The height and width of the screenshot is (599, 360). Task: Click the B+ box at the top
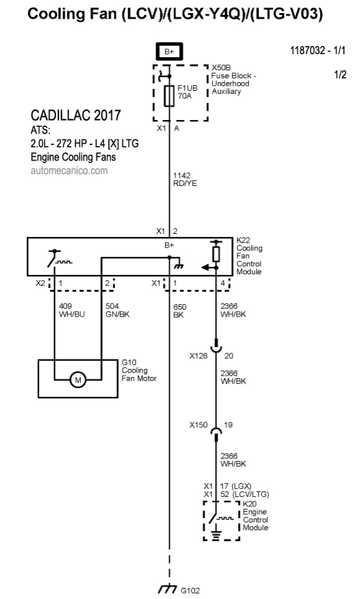(169, 52)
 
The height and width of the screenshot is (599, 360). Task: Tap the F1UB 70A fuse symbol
(169, 96)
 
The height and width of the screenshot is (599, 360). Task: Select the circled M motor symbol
(78, 380)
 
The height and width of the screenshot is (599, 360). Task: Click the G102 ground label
(190, 590)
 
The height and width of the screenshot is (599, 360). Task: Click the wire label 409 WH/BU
(72, 310)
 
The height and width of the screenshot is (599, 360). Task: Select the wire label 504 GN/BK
(118, 310)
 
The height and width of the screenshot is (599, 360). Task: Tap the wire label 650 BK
(180, 311)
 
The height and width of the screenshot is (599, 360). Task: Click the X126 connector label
(198, 356)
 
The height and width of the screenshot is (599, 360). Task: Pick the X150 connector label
(198, 425)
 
